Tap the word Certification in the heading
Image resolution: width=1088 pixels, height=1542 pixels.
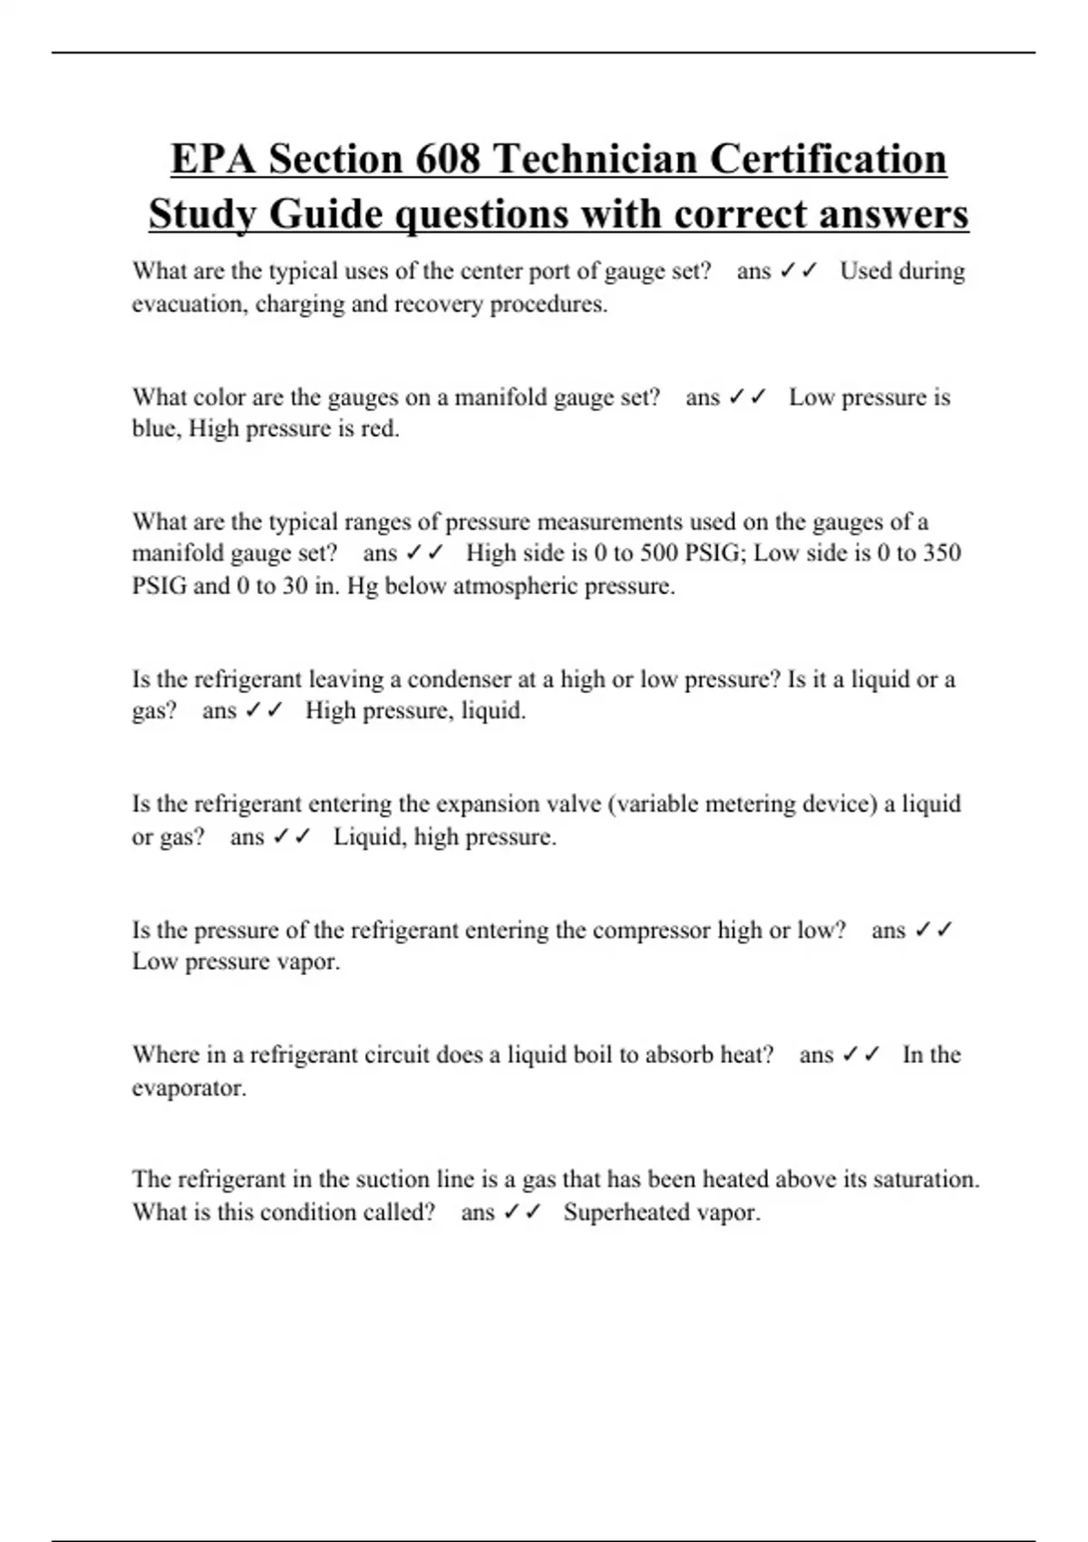pos(828,159)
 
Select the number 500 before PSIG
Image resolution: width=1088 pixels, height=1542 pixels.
pos(659,553)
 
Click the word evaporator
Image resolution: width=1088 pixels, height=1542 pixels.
pos(188,1088)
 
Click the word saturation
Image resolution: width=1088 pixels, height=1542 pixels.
pos(926,1180)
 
